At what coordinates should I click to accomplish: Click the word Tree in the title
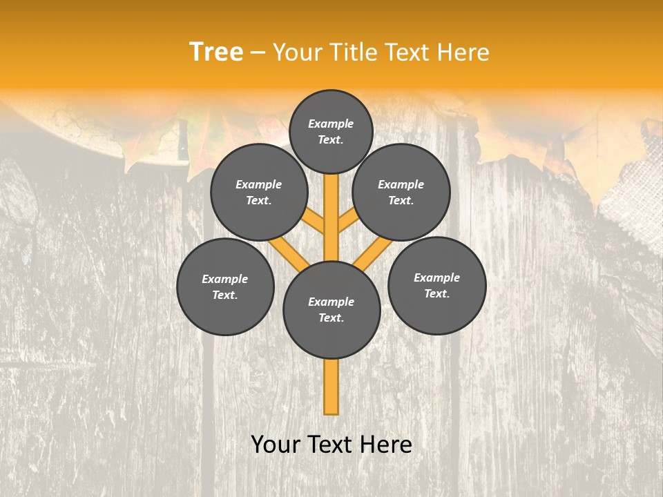point(216,52)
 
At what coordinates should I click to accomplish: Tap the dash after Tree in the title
point(258,53)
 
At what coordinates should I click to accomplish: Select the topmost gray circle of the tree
point(331,131)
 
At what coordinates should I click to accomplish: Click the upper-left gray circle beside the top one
point(259,192)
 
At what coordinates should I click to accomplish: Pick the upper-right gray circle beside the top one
point(401,192)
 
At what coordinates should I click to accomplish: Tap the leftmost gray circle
point(225,286)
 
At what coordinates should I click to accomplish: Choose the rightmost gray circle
point(436,285)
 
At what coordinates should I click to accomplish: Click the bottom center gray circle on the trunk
point(331,309)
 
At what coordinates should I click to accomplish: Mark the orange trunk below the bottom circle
point(331,387)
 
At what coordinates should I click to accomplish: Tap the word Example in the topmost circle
point(331,124)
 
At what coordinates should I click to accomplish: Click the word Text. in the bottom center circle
point(331,318)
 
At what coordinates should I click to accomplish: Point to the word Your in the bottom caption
point(275,445)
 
